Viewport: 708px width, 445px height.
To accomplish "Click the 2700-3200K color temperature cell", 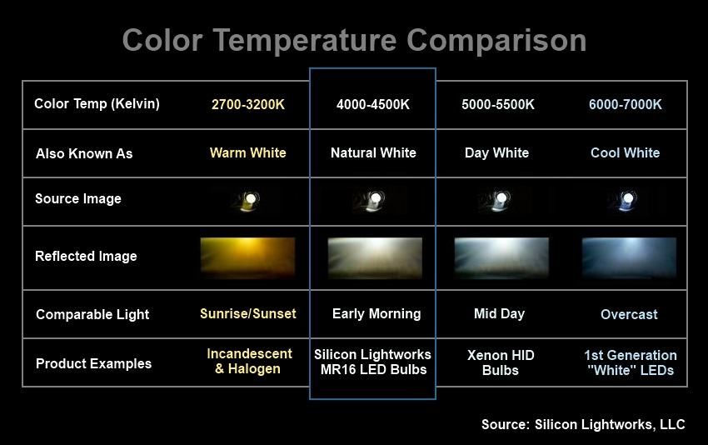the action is (248, 104).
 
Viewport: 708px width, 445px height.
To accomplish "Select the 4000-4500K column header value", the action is (373, 104).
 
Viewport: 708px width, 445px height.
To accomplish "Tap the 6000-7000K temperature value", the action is (626, 104).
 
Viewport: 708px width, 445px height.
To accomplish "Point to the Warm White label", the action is (248, 152).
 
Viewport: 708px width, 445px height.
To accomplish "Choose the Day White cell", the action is (496, 152).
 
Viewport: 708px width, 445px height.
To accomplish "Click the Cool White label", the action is (626, 152).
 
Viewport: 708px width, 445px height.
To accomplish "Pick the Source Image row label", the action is (78, 199).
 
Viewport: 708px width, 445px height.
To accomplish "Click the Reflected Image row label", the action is (86, 256).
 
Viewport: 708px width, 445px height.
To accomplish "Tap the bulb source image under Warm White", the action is (247, 201).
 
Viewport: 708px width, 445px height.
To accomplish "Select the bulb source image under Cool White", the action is (625, 201).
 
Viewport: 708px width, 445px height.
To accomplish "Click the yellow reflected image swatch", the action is (248, 257).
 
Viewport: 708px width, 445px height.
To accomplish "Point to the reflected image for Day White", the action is (501, 257).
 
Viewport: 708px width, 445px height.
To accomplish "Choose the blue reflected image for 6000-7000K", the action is (629, 257).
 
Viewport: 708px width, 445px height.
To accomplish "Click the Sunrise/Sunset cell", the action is (248, 313).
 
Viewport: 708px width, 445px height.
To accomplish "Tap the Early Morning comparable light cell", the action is (376, 313).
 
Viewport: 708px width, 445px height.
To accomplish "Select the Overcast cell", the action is (629, 314).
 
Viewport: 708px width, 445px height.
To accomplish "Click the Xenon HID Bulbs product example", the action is (501, 362).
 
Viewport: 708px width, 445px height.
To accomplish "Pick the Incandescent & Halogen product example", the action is (249, 361).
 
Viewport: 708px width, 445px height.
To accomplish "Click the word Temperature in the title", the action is (305, 41).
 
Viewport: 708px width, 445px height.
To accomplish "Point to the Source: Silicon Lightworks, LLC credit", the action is (583, 425).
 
